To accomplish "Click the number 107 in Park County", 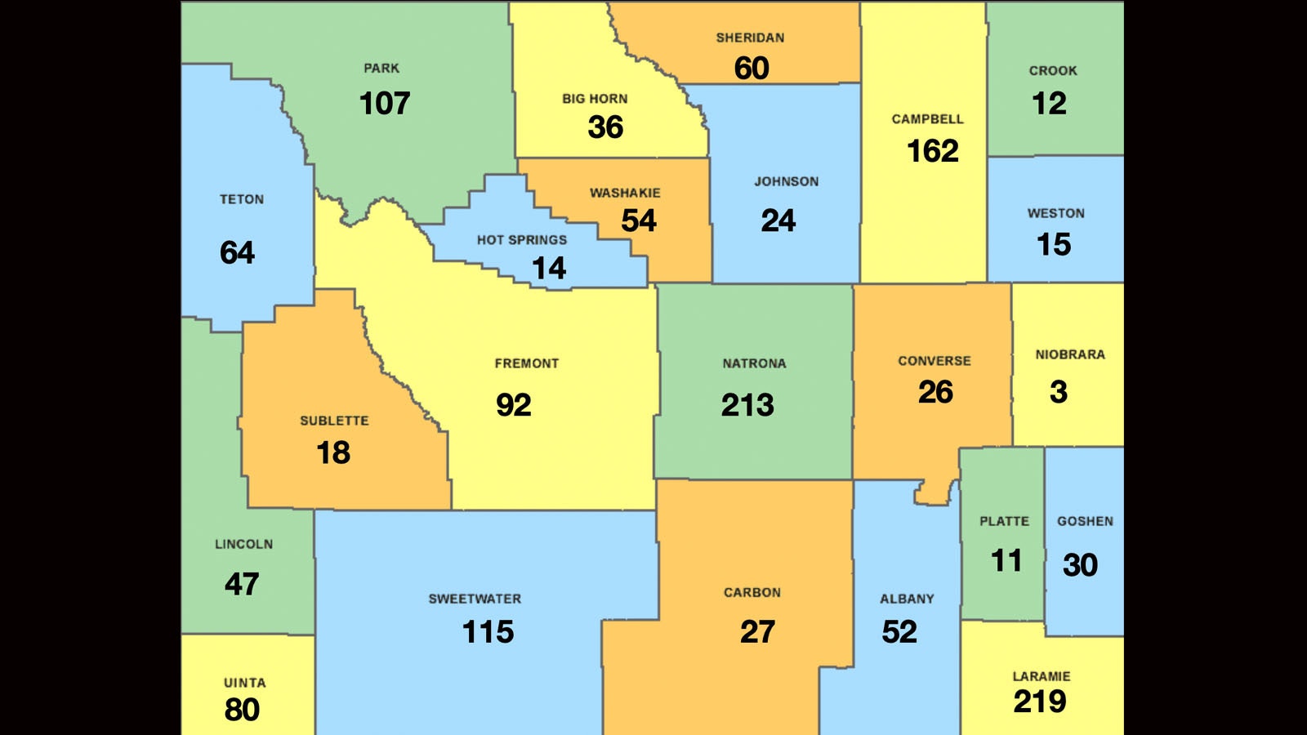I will [385, 104].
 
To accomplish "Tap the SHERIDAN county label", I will [750, 38].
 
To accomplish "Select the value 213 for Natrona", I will [747, 405].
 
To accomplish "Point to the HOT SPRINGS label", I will [522, 240].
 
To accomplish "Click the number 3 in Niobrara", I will [1059, 393].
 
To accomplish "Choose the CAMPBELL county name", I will [927, 119].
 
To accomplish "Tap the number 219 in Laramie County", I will [1040, 702].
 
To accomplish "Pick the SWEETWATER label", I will [475, 599].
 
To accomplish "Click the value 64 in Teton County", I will [238, 253].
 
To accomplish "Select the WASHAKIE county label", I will [625, 194].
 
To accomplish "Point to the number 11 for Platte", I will [1006, 561].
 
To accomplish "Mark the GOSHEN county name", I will [1085, 521].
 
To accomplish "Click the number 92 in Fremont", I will [514, 405].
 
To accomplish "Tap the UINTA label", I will [244, 683].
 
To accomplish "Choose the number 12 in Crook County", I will [1049, 104].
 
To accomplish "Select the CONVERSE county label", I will [935, 361].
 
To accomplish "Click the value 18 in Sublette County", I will [333, 452].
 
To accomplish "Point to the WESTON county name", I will [1055, 213].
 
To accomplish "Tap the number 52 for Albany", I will [899, 632].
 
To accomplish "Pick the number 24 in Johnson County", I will [778, 220].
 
